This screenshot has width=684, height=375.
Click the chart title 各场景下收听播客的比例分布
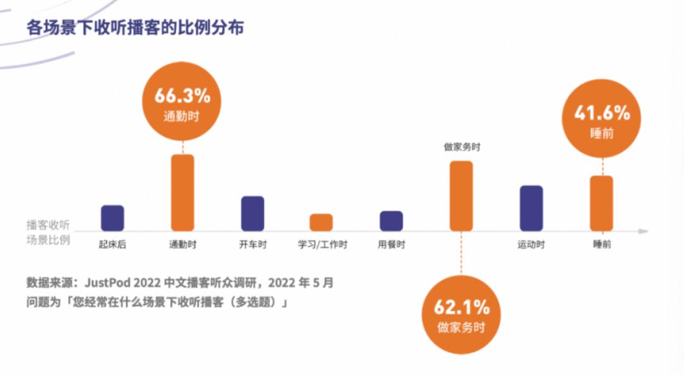pos(135,28)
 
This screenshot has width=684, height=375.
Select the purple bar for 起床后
pos(113,218)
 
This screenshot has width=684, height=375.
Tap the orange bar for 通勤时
pos(182,192)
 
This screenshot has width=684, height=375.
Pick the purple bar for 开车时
pos(253,213)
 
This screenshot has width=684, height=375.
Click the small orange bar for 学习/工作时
pos(321,222)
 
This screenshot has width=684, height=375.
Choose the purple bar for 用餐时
pos(391,221)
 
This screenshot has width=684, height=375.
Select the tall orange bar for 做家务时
pos(461,195)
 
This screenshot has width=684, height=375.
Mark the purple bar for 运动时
pos(531,207)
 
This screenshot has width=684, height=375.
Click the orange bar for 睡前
pos(602,203)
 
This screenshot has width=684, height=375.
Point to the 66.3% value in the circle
pos(182,97)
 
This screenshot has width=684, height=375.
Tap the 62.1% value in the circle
pos(462,308)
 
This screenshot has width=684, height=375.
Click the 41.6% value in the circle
pos(602,114)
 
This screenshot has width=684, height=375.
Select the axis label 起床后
pos(113,245)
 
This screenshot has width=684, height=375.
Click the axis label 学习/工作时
pos(322,245)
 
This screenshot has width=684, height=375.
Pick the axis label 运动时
pos(531,245)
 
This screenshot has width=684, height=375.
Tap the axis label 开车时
pos(253,245)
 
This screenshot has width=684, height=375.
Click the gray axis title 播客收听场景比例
pos(48,232)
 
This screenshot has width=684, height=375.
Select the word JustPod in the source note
pos(106,283)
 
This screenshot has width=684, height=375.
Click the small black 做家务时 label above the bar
pos(462,147)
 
